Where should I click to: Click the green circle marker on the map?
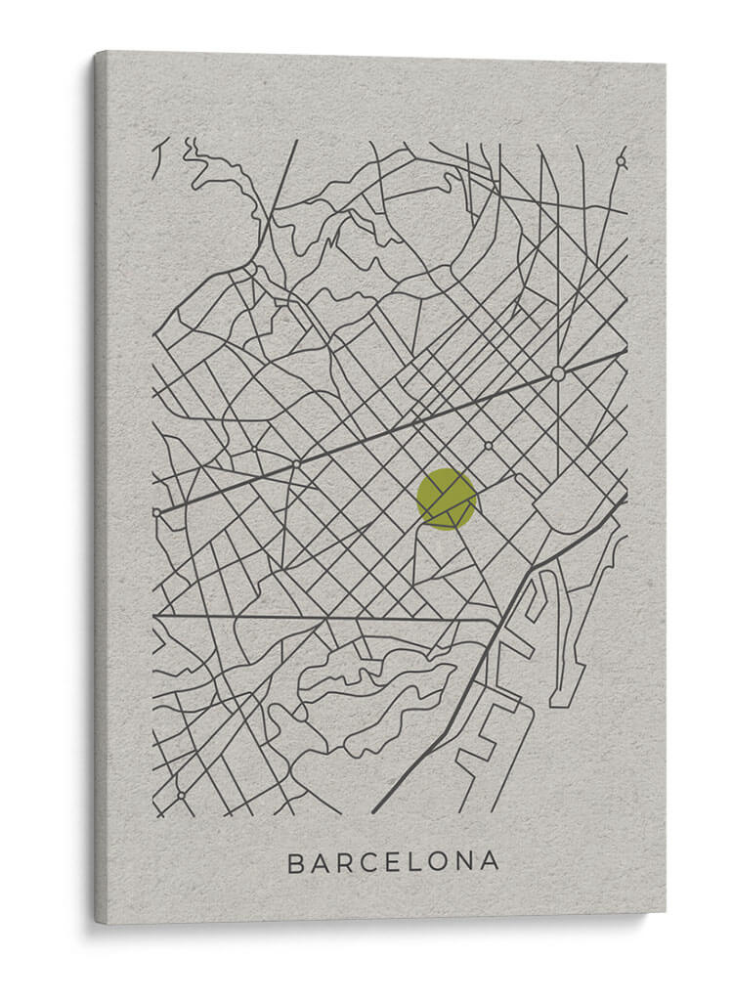click(447, 499)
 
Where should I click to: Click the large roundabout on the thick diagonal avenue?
click(558, 373)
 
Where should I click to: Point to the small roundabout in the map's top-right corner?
click(621, 161)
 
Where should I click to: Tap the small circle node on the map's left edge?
click(156, 511)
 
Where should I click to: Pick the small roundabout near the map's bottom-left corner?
click(181, 795)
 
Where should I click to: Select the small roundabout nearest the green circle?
click(488, 446)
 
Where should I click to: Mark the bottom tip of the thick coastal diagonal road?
click(374, 810)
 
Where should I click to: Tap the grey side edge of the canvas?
click(101, 489)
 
